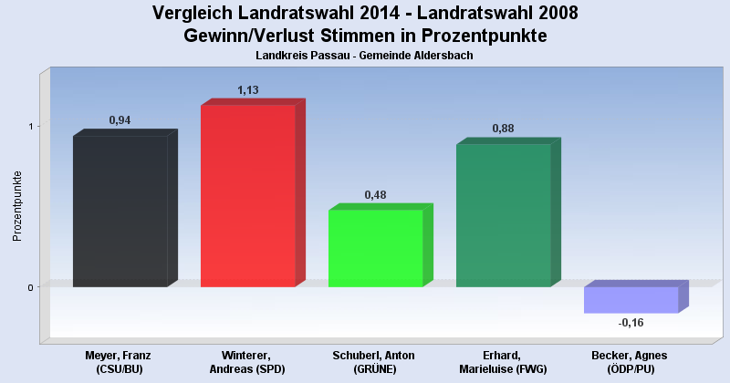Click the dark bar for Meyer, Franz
pos(120,212)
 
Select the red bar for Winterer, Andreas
pos(247,196)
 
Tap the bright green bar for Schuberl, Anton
pos(375,248)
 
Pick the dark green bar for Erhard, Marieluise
pos(503,216)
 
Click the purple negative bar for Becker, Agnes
pos(631,299)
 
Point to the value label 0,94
pos(120,119)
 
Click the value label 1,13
pos(248,89)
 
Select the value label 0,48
pos(376,194)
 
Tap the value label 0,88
pos(504,129)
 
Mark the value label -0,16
pos(631,323)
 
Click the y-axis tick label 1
pos(29,126)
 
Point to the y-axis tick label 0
pos(29,287)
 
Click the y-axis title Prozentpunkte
pos(16,206)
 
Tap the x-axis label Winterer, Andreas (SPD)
pos(246,361)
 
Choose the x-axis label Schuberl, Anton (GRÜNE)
pos(374,361)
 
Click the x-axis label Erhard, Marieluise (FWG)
pos(502,361)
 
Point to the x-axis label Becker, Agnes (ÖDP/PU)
pos(630,361)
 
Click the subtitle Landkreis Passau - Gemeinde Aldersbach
pos(365,56)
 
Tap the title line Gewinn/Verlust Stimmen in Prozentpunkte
pos(365,36)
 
